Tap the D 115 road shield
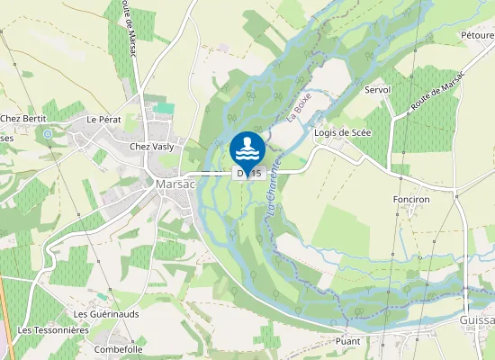click(x=248, y=173)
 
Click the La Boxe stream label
click(x=298, y=107)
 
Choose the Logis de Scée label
click(x=342, y=133)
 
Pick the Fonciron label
click(x=414, y=199)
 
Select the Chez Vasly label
click(x=150, y=146)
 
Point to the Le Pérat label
click(x=103, y=119)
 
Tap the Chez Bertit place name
click(x=22, y=119)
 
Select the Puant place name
click(x=346, y=341)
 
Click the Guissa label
click(x=476, y=320)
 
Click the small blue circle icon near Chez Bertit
click(x=47, y=134)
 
